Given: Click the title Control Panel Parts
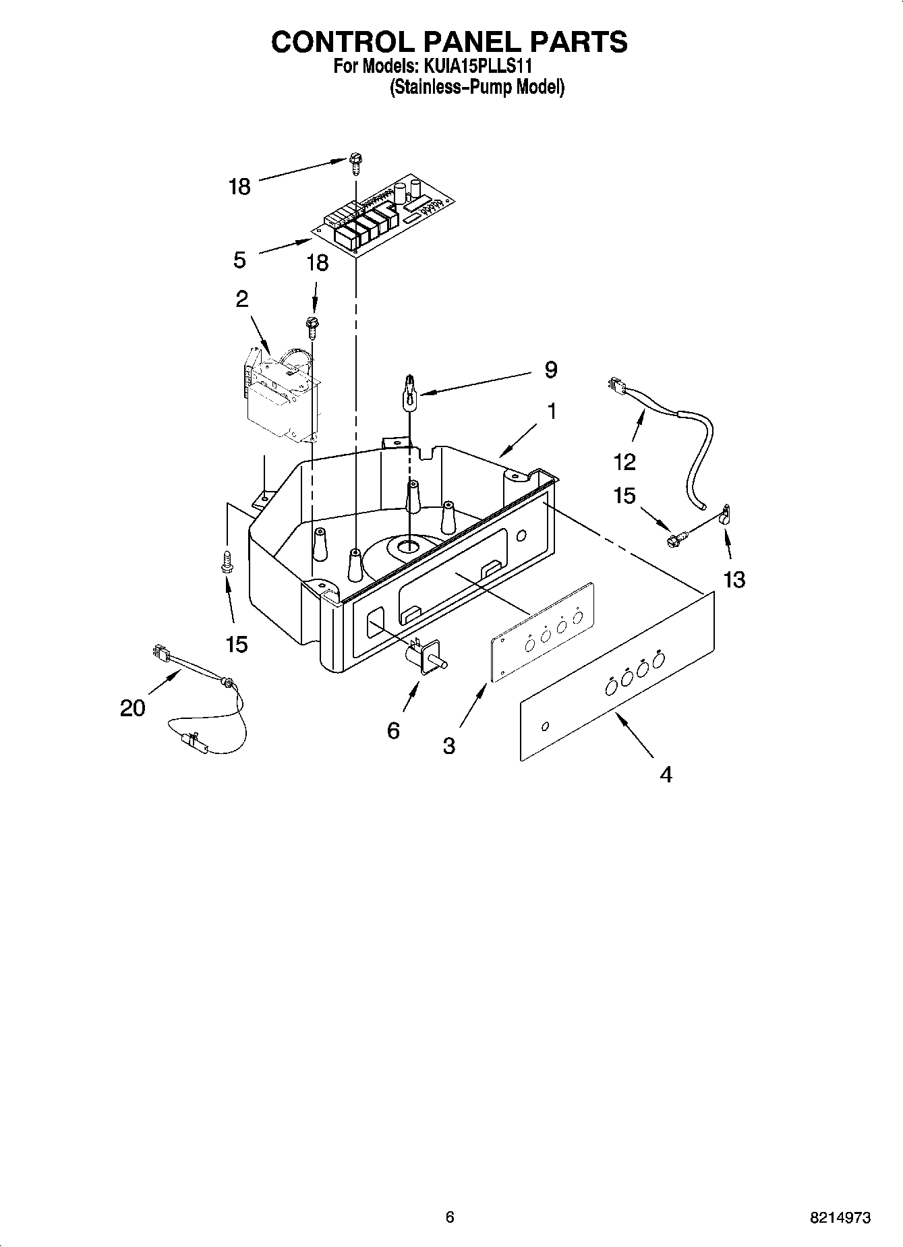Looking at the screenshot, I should coord(449,42).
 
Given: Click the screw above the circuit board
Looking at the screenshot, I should coord(355,163).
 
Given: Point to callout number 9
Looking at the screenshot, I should coord(551,370).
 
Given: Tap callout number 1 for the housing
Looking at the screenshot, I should coord(552,411).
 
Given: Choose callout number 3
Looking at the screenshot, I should coord(449,745).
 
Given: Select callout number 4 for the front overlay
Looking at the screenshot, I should coord(666,775).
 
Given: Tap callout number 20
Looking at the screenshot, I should coord(133,707).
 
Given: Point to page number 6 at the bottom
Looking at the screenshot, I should coord(450,1217).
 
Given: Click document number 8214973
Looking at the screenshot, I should coord(840,1217).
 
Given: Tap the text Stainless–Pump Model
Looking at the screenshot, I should coord(477,88).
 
